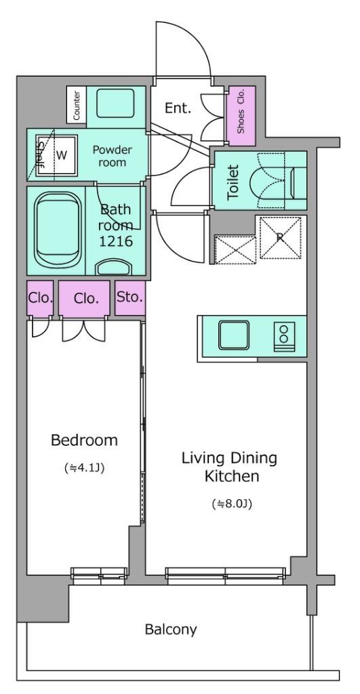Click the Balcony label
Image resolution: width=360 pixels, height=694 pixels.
(170, 629)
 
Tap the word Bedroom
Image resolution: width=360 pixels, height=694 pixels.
(84, 440)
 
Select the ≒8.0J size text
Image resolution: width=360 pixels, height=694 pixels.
(232, 504)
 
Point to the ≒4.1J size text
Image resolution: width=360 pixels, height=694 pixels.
(84, 468)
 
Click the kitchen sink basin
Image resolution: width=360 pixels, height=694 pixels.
(233, 335)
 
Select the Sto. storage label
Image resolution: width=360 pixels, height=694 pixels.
(130, 297)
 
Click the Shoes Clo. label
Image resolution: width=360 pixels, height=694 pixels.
(241, 115)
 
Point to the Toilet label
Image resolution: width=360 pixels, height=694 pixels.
(233, 182)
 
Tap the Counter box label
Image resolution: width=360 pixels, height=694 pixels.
(77, 104)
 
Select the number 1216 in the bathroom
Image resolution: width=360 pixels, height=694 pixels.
(117, 241)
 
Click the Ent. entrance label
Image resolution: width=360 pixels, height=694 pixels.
(178, 108)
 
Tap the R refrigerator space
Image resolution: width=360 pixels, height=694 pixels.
(280, 238)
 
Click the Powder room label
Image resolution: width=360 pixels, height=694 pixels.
(112, 155)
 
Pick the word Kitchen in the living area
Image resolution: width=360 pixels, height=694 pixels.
(232, 476)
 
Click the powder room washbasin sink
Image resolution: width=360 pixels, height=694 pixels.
(115, 104)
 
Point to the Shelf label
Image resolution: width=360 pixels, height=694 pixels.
(40, 156)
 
